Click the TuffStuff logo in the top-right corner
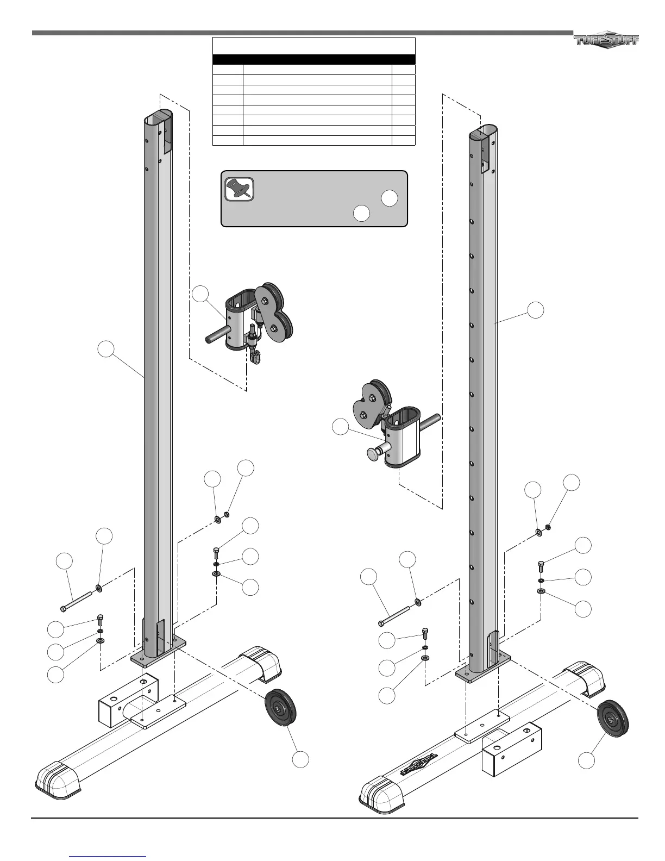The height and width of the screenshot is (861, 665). (606, 40)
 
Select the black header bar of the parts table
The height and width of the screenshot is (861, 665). (313, 59)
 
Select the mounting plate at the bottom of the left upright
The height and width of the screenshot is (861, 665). (158, 657)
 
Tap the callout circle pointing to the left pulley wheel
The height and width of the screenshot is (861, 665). (300, 759)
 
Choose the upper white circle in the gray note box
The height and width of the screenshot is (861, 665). (389, 198)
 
